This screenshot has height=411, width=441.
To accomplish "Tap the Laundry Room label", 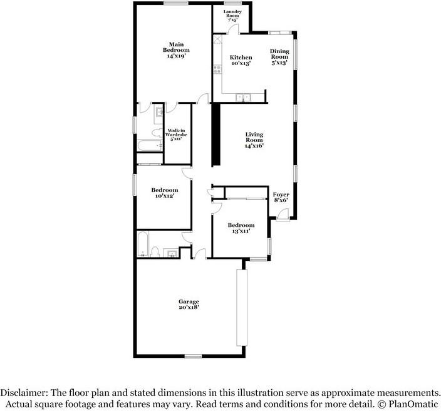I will (x=233, y=16).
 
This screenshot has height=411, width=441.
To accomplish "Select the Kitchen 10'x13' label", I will (x=241, y=60).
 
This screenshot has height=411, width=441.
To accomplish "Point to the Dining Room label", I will (x=280, y=57).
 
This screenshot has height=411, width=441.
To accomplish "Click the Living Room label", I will (x=254, y=140).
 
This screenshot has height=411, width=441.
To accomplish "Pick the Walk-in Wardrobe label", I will (x=177, y=133).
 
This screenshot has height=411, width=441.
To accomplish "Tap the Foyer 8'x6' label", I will (x=281, y=198).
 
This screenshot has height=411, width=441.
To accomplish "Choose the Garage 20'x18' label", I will (x=189, y=305).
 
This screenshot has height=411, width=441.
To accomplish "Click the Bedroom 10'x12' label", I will (x=165, y=193).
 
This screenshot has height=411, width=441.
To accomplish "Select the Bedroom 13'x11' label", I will (x=241, y=228).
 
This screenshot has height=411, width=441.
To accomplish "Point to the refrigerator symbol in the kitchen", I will (x=218, y=39).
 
